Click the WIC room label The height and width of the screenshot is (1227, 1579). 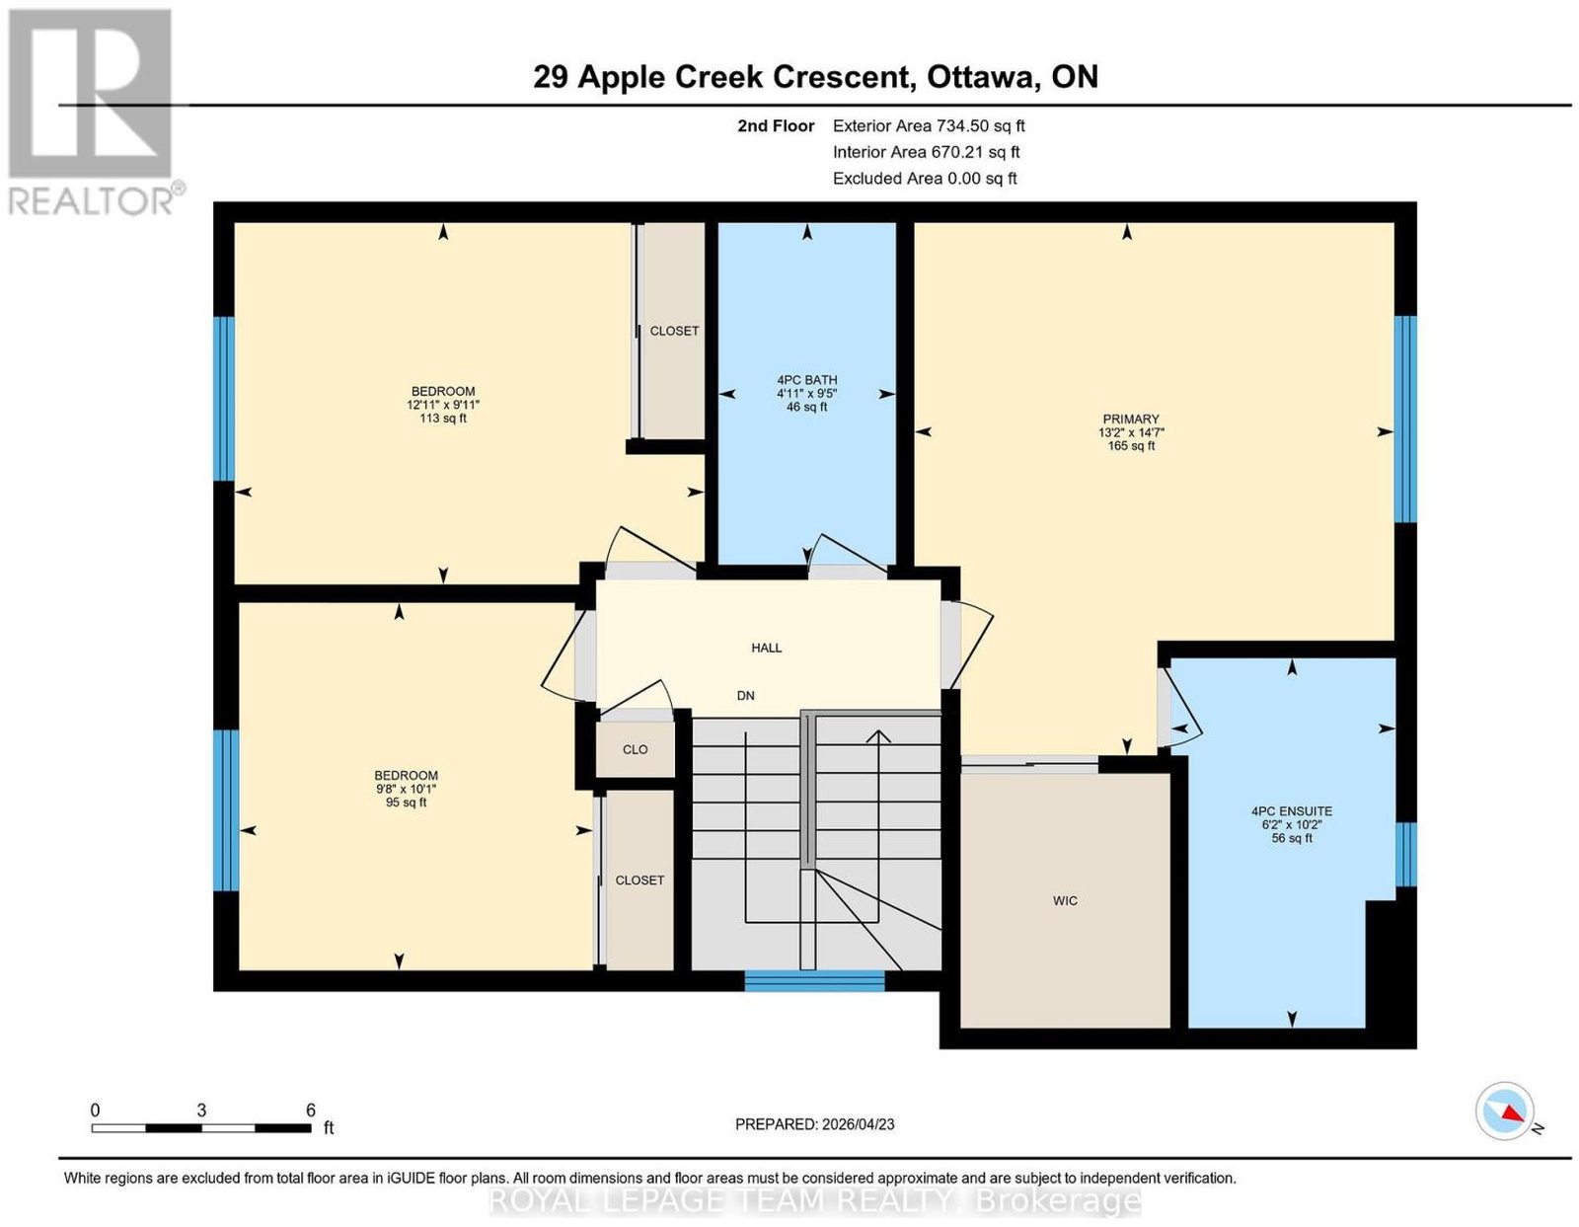1065,901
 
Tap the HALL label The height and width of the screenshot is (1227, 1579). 767,648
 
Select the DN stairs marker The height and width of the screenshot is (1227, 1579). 745,695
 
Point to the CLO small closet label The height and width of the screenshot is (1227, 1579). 636,749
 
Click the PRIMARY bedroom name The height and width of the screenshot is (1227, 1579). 1131,419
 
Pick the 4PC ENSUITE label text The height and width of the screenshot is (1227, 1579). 1291,810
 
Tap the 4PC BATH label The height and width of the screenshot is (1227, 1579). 806,380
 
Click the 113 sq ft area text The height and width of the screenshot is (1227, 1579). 442,418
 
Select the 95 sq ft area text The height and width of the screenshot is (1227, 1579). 406,802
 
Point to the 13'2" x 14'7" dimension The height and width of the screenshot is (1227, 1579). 1131,432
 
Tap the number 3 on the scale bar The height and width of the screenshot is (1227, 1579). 201,1111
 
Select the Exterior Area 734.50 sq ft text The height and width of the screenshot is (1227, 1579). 929,125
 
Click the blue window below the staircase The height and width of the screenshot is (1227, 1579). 814,982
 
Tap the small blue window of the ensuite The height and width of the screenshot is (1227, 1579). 1406,854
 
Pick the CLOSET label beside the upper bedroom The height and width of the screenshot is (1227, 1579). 674,331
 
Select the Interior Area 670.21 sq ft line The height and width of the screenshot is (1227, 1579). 927,152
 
